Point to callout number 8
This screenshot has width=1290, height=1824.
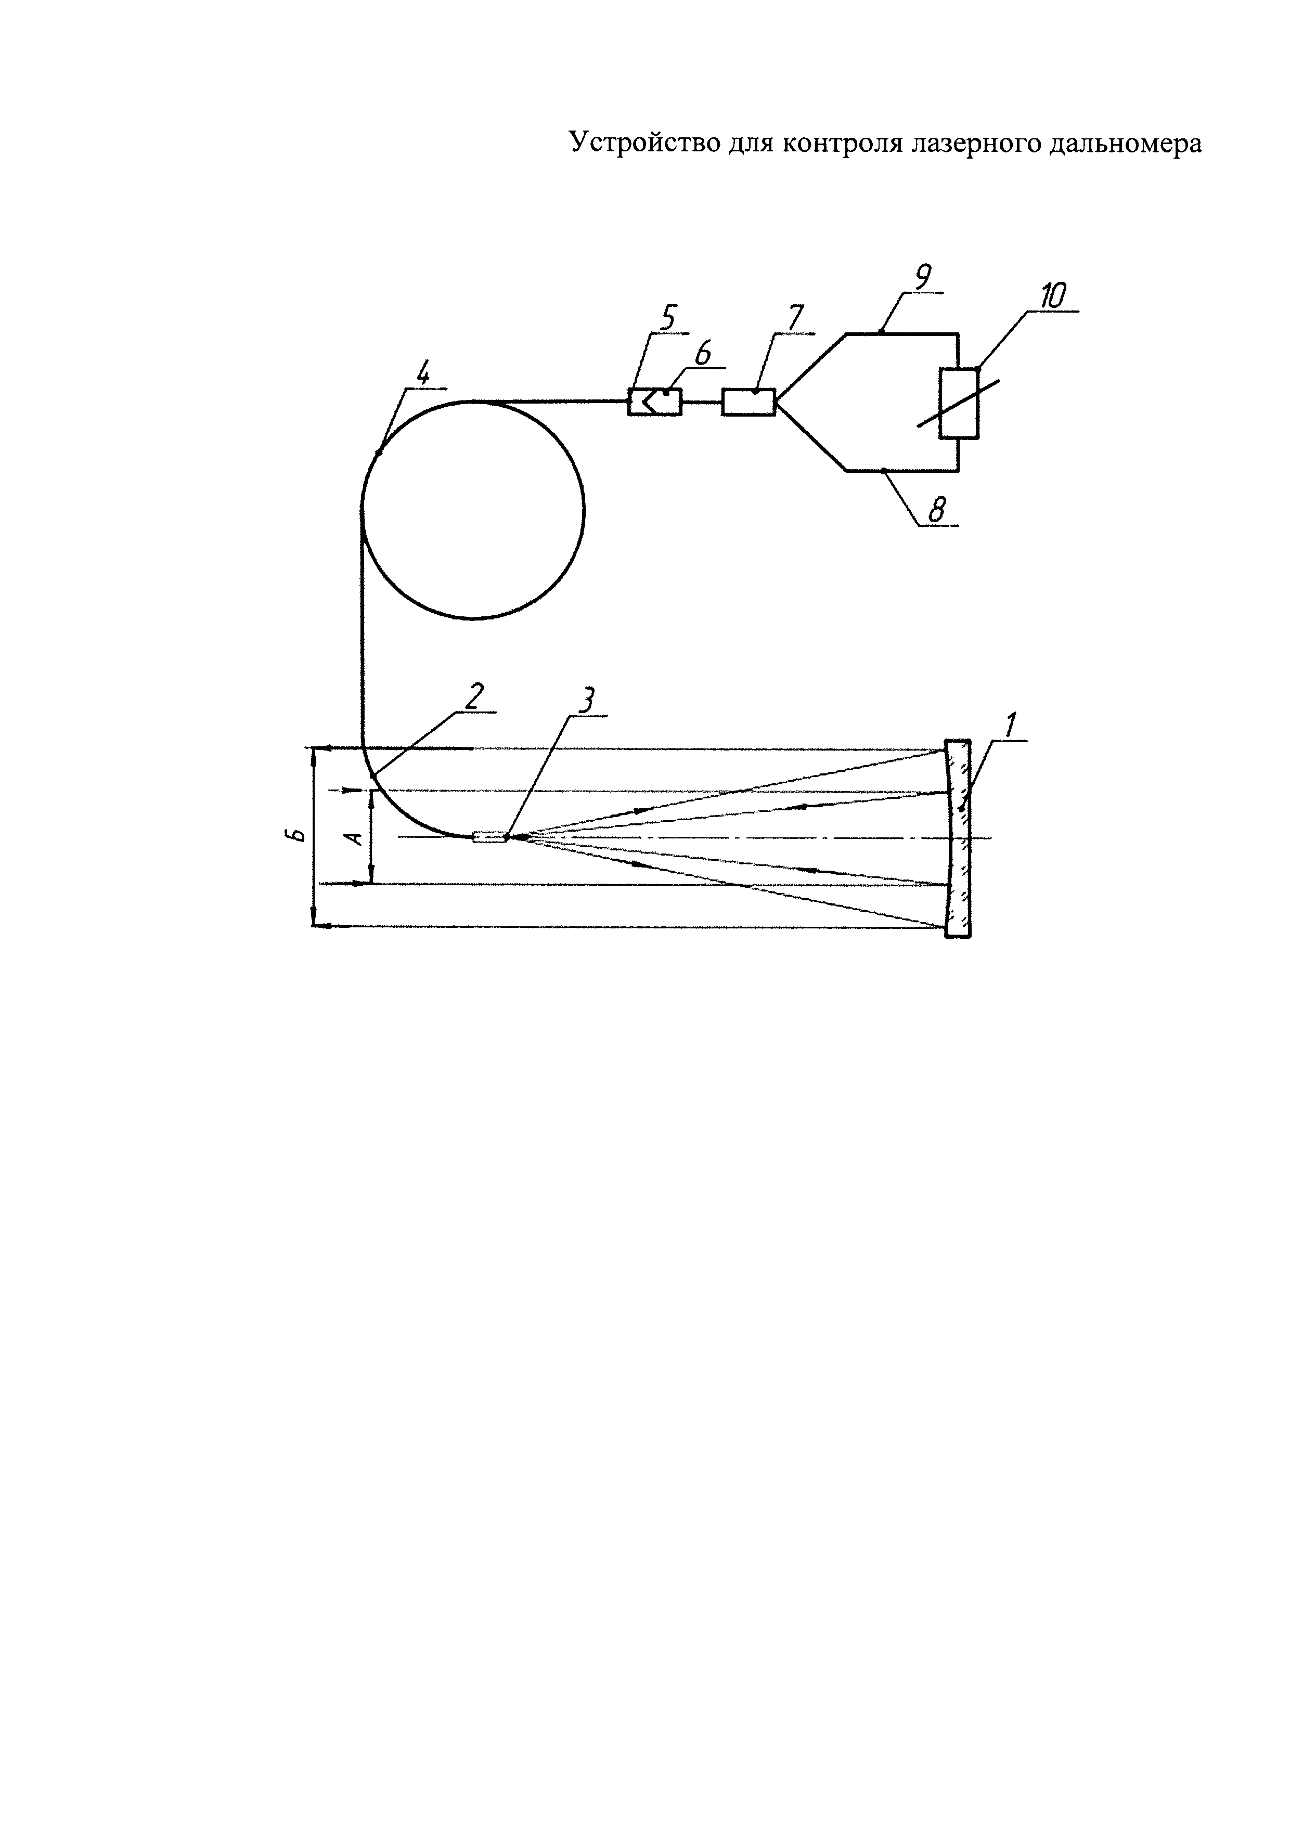[x=937, y=509]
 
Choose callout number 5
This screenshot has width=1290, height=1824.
[x=666, y=318]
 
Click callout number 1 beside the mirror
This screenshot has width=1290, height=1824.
[x=1010, y=725]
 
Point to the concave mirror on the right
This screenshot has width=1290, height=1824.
[x=958, y=838]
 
